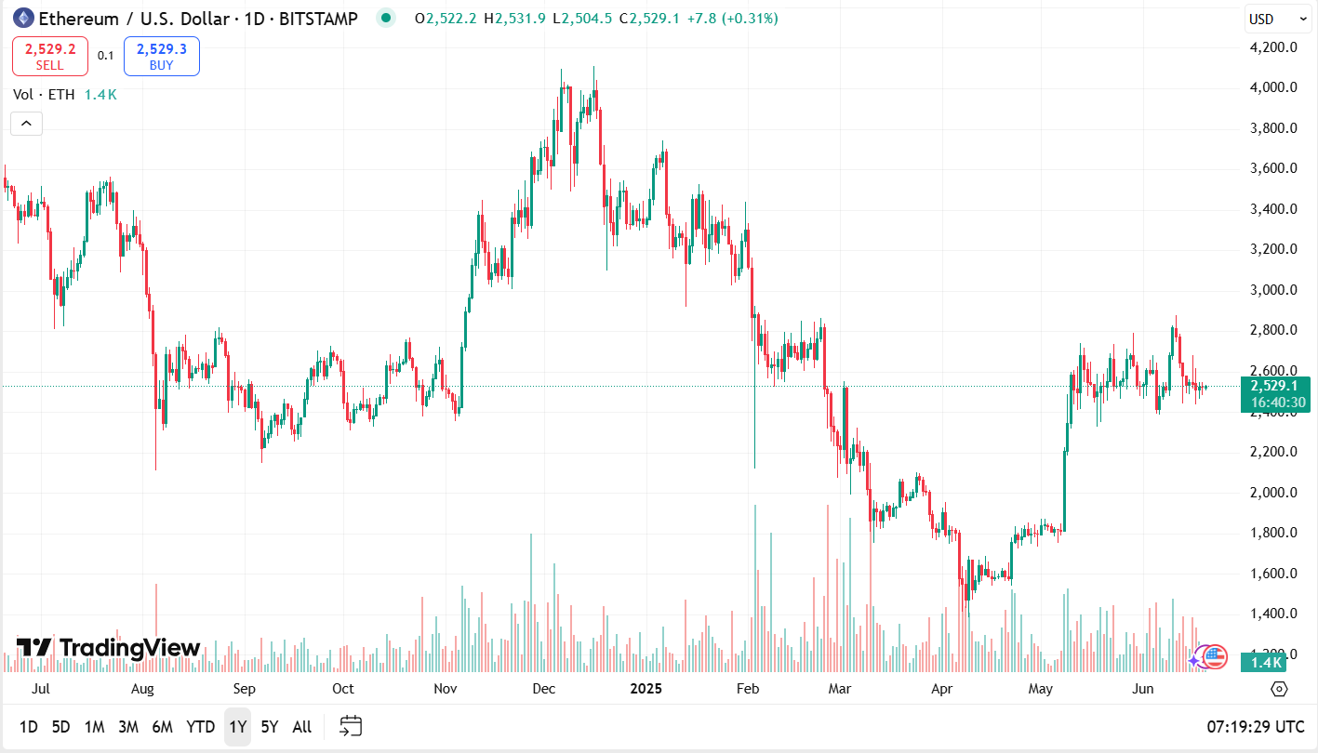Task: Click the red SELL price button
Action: tap(50, 56)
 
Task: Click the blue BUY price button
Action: tap(161, 56)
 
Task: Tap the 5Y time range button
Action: tap(269, 727)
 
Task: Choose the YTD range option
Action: tap(200, 727)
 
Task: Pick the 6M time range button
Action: tap(162, 727)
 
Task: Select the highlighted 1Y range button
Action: tap(237, 727)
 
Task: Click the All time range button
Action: tap(301, 727)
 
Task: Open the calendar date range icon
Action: tap(351, 726)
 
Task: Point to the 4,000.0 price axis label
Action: tap(1273, 87)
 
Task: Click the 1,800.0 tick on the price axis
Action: tap(1273, 533)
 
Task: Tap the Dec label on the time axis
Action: tap(543, 689)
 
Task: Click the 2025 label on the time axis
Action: tap(646, 689)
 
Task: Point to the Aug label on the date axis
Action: tap(142, 689)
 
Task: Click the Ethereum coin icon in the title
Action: tap(22, 18)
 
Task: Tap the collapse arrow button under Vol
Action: tap(26, 123)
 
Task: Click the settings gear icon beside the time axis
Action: tap(1279, 689)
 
